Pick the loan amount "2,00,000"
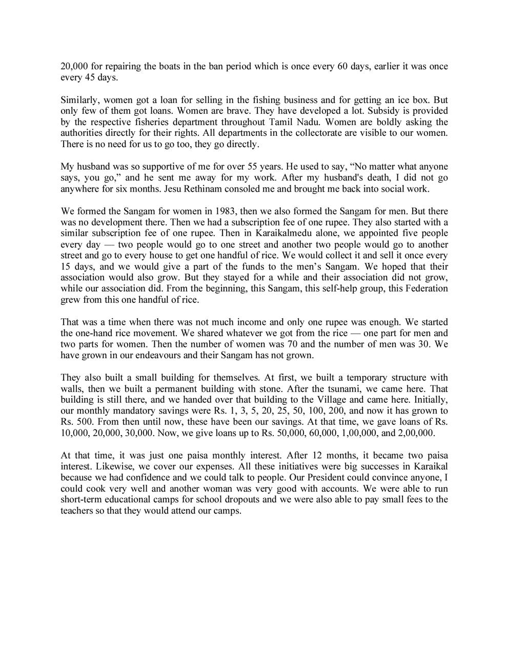click(x=416, y=433)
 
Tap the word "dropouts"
click(x=240, y=500)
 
